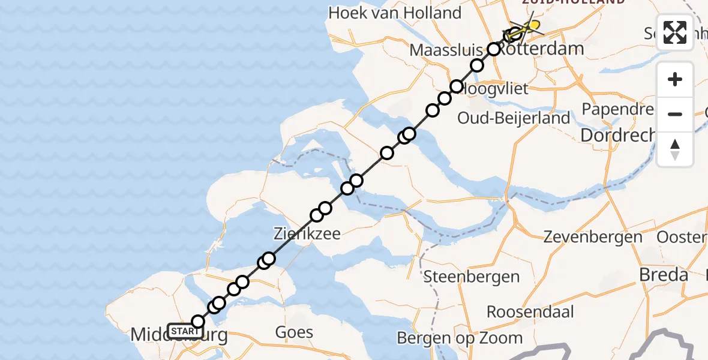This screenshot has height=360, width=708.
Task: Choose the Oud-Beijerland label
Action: tap(514, 118)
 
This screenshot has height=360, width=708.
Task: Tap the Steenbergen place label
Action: tap(472, 277)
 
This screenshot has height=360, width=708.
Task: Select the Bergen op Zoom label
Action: tap(471, 338)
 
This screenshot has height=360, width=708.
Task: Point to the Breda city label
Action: tap(664, 275)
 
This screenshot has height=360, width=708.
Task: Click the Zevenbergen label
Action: tap(593, 237)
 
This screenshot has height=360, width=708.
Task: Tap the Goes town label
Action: tap(294, 332)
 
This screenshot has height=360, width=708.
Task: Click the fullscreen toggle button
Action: tap(675, 32)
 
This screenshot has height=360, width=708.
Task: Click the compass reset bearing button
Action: tap(675, 149)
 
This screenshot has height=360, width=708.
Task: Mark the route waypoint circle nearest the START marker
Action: tap(198, 322)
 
